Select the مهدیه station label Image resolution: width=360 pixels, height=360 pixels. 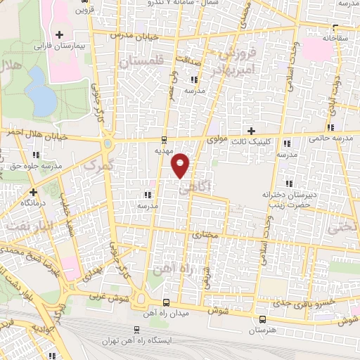tap(163, 150)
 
